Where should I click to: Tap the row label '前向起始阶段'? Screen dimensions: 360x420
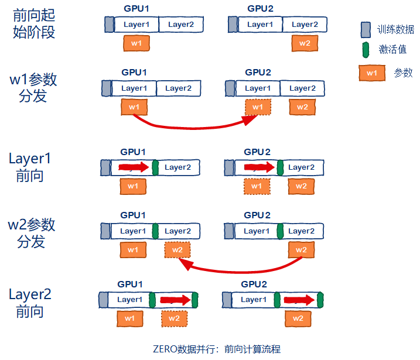click(33, 24)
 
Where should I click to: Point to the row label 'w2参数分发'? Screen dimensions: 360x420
click(32, 232)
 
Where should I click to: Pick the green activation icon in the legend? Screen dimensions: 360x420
click(366, 50)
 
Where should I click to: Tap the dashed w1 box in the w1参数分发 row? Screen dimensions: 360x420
click(258, 107)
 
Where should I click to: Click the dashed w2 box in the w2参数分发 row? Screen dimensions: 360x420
click(177, 250)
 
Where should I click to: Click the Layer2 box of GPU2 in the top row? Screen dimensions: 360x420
click(305, 25)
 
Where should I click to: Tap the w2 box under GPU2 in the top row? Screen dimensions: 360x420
click(305, 43)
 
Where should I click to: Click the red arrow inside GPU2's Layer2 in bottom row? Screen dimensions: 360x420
click(299, 300)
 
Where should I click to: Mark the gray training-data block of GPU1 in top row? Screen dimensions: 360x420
click(109, 25)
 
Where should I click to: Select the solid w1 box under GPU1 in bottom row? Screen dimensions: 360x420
click(129, 318)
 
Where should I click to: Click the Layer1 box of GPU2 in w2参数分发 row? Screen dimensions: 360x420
click(256, 231)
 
